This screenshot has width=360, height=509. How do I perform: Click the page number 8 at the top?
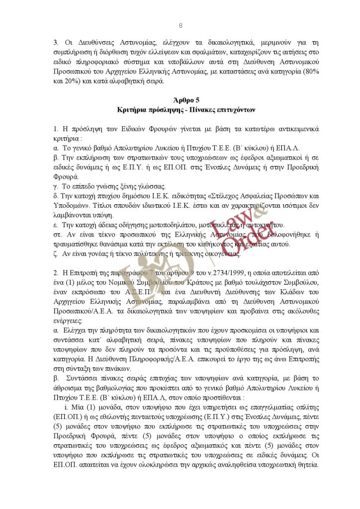pyautogui.click(x=180, y=25)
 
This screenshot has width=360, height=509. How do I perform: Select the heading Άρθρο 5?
pyautogui.click(x=180, y=100)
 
